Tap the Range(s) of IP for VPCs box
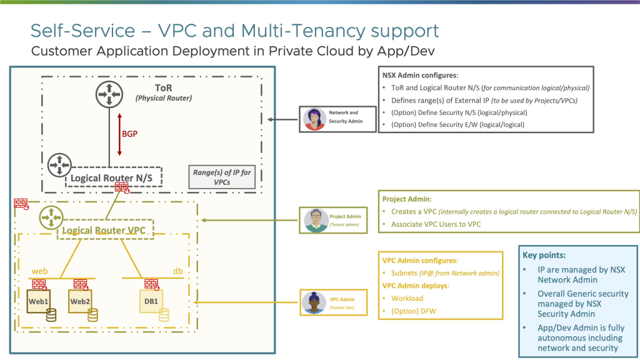point(222,177)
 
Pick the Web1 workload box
point(40,301)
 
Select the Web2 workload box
point(79,301)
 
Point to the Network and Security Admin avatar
point(314,119)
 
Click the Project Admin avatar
point(316,219)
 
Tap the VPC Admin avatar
point(313,302)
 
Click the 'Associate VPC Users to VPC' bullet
point(436,224)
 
